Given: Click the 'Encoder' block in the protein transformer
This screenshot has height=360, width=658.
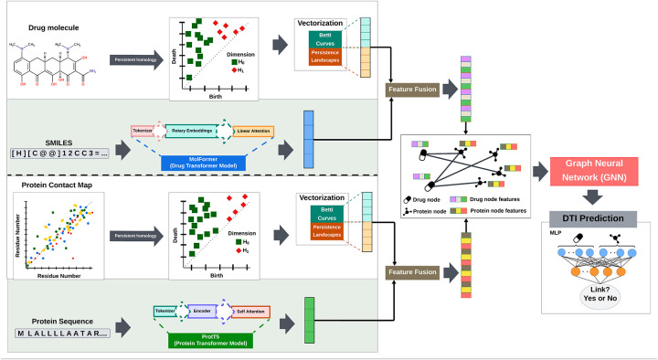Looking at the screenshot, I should click(203, 312).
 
